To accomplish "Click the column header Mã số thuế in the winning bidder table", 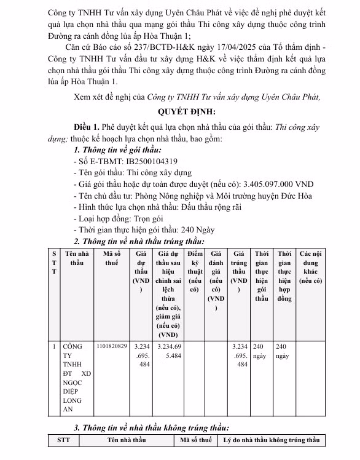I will click(x=111, y=258).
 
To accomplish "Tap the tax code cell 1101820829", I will click(x=111, y=347).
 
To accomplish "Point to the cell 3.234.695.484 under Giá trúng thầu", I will click(x=240, y=355).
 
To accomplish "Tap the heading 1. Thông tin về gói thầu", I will click(x=117, y=149).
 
